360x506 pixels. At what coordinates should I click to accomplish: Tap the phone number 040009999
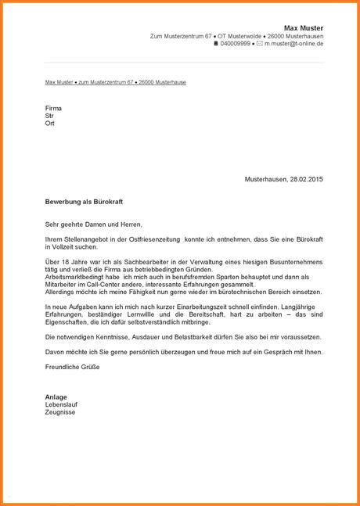click(236, 45)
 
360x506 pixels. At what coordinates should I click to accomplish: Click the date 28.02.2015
click(306, 179)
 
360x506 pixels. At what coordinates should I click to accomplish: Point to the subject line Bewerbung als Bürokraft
click(84, 201)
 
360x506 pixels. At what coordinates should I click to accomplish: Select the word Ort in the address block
click(50, 124)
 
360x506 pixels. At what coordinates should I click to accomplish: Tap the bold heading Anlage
click(56, 396)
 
